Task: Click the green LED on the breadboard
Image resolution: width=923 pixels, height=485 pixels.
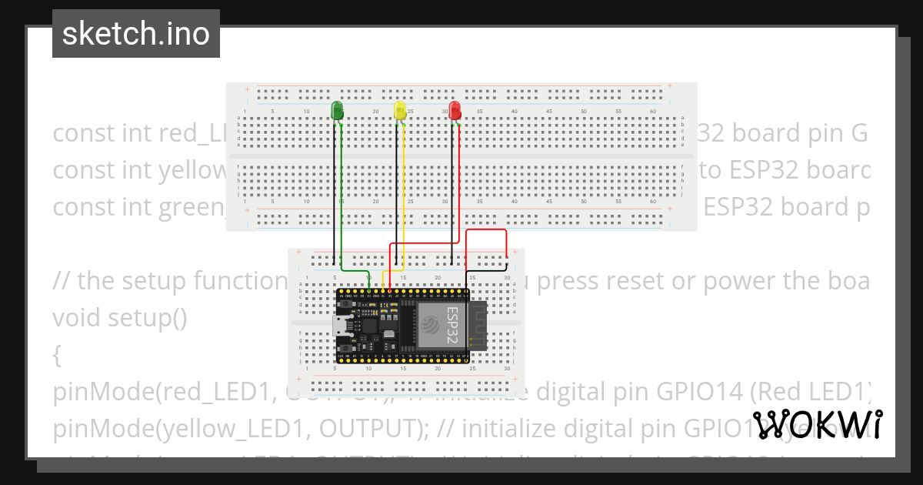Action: [337, 110]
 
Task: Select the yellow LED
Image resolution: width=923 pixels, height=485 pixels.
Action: [400, 110]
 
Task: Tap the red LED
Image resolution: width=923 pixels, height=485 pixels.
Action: [455, 110]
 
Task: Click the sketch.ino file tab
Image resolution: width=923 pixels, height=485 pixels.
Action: [136, 34]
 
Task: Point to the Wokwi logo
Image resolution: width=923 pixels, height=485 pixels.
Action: [818, 424]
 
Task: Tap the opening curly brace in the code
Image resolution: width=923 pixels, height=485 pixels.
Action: [58, 355]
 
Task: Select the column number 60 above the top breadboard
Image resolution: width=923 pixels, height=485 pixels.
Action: [653, 112]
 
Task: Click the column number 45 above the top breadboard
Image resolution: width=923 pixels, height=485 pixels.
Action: [549, 112]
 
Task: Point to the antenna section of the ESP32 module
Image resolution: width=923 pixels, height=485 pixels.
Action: [478, 325]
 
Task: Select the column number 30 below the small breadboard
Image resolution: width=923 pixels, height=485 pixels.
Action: [507, 369]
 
